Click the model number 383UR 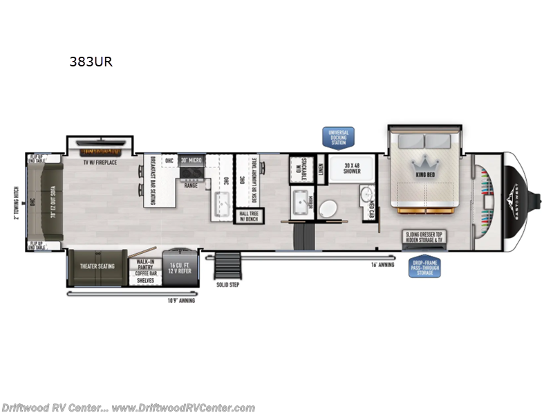90,61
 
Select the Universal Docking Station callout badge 339,137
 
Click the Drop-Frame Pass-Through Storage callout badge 424,266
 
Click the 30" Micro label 191,161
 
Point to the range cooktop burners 191,174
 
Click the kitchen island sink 223,204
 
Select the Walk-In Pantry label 144,262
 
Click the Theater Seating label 97,266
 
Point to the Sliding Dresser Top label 424,235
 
